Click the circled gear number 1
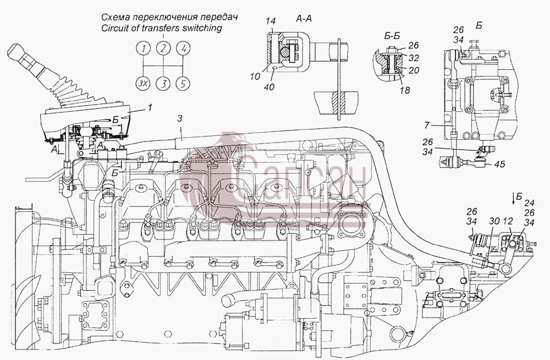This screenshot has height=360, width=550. click(144, 48)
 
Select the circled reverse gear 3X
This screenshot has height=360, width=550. click(143, 84)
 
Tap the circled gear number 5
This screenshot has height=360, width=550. click(183, 84)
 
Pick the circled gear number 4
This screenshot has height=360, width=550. click(183, 48)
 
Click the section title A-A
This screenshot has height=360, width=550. click(304, 19)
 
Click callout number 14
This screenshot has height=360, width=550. click(271, 21)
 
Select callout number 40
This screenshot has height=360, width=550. click(269, 87)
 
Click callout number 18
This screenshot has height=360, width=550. click(405, 90)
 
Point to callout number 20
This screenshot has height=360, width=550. click(414, 70)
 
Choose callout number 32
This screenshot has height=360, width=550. click(414, 58)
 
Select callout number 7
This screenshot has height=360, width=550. click(427, 125)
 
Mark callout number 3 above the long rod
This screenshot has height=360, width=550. click(180, 119)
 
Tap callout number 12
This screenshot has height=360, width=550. click(508, 221)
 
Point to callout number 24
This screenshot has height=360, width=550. click(530, 203)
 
